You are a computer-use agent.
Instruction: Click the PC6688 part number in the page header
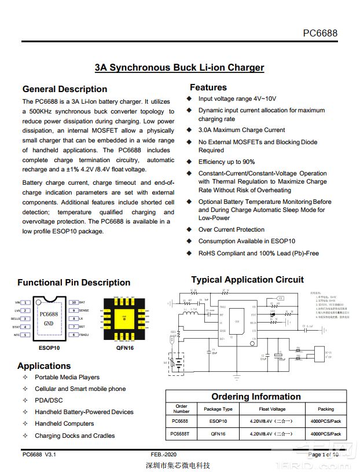[x=320, y=33]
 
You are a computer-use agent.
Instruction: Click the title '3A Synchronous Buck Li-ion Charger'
[x=179, y=68]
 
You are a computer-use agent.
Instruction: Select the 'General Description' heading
[x=65, y=89]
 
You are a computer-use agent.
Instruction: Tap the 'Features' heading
[x=208, y=87]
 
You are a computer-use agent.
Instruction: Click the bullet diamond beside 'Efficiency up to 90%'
[x=189, y=162]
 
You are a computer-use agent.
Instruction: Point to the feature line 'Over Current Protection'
[x=232, y=229]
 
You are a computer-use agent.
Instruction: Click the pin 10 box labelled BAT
[x=74, y=302]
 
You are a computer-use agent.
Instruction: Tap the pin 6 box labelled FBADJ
[x=74, y=335]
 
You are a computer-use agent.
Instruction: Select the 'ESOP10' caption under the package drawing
[x=49, y=348]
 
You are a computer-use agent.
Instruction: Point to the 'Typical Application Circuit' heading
[x=247, y=280]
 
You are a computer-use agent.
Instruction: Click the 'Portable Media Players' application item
[x=67, y=377]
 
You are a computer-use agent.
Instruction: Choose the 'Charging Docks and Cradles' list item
[x=75, y=436]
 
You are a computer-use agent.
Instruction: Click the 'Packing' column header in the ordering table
[x=326, y=409]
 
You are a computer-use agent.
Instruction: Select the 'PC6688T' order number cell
[x=181, y=434]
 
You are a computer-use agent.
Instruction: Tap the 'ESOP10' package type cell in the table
[x=218, y=421]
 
